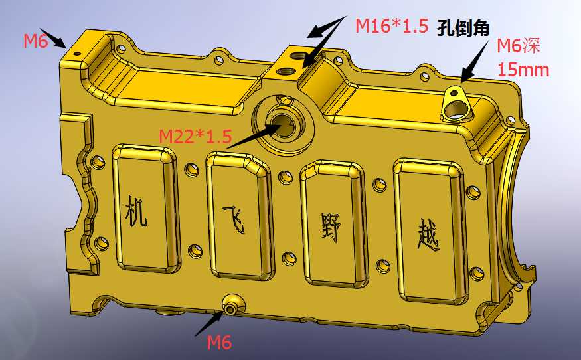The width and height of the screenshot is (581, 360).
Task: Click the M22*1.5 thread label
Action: [195, 136]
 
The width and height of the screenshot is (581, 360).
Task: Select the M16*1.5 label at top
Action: [392, 26]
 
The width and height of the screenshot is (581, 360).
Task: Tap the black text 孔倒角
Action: [463, 27]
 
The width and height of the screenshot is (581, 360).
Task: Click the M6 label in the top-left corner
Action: [36, 41]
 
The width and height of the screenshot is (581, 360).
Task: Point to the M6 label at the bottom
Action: [219, 342]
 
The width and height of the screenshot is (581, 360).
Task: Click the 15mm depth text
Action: [523, 70]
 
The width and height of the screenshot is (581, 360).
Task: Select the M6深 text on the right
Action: [518, 46]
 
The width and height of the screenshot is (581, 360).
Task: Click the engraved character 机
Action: [136, 211]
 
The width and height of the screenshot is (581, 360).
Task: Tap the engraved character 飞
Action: [234, 219]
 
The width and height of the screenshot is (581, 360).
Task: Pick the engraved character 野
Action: [331, 227]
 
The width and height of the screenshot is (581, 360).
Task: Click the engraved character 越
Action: [429, 235]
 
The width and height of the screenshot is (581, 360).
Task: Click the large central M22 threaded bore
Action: [283, 125]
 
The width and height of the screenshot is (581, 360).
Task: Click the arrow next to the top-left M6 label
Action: [53, 38]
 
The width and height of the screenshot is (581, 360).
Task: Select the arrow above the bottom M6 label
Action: [209, 323]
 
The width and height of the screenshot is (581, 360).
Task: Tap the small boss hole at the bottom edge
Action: [232, 309]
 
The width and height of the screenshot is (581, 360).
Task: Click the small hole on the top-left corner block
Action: [77, 54]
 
